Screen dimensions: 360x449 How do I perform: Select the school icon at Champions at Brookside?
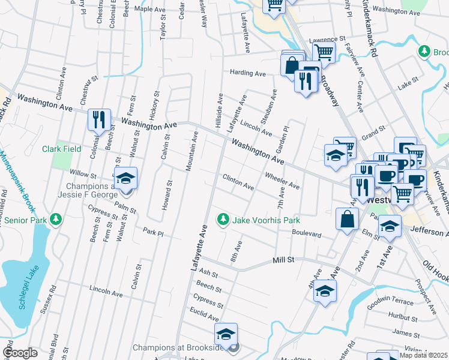(226, 334)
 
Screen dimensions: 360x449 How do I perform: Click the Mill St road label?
(284, 260)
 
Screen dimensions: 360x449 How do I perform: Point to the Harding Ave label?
(247, 73)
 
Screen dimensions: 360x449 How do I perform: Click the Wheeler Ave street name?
(282, 181)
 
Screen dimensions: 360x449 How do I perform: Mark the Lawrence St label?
(328, 40)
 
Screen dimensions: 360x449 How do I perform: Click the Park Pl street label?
(153, 231)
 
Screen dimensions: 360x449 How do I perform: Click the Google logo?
(20, 353)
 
